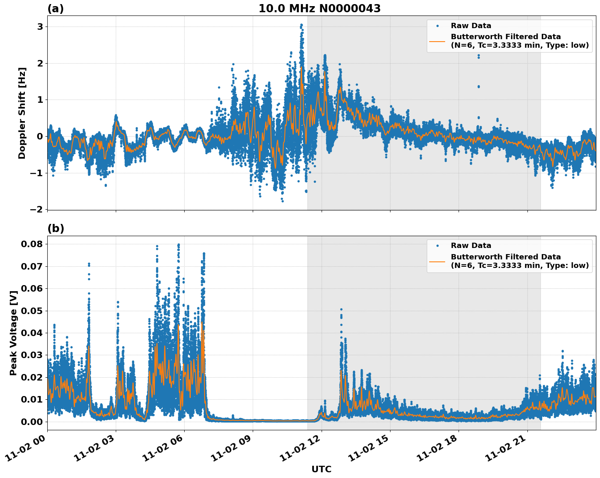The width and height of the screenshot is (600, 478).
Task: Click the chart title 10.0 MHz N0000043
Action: pos(319,9)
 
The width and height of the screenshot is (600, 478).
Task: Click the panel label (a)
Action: pos(55,9)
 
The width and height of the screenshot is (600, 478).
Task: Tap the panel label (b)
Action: pos(55,228)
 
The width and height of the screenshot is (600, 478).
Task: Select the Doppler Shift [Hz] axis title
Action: pos(22,113)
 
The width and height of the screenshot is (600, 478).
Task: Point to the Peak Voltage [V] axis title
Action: pos(13,333)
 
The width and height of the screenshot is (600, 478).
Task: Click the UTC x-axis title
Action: pos(321,469)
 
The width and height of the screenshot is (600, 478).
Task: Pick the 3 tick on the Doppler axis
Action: pos(40,27)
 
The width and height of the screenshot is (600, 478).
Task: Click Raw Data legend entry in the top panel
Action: pos(471,26)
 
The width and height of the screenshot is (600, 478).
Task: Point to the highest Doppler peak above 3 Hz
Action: pos(301,25)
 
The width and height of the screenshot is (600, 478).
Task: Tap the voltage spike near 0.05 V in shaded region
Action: pos(341,310)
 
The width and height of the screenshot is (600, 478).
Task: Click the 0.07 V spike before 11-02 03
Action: pos(89,265)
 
